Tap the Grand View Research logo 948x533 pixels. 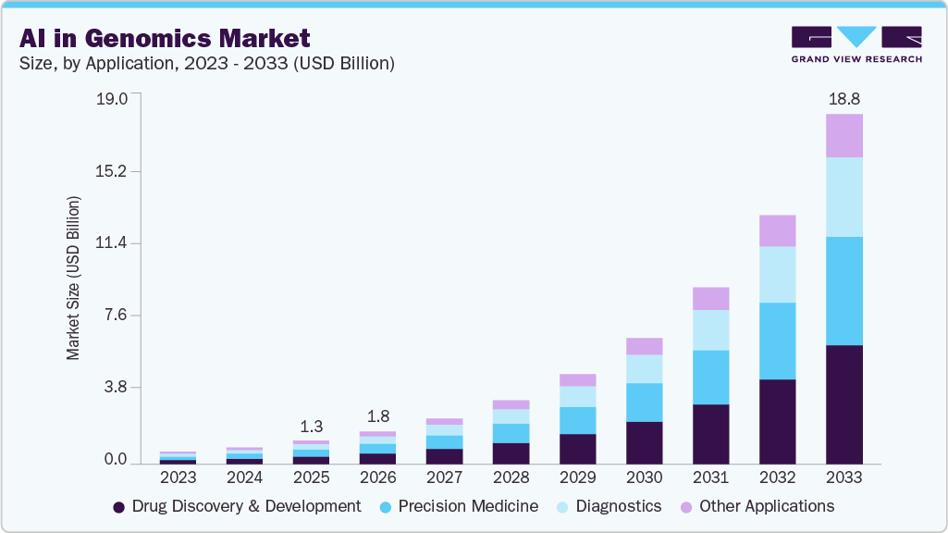[x=856, y=43]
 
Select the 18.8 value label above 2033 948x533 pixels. [x=843, y=98]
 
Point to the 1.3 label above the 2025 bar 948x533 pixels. [x=311, y=427]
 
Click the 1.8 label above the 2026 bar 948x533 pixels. [x=377, y=416]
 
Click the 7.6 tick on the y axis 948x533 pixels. [x=117, y=316]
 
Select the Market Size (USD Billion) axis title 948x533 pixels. [x=73, y=278]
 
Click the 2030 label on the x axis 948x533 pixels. [x=644, y=477]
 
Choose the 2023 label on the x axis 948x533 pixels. [x=178, y=477]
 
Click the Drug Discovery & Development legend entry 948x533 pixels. [x=237, y=506]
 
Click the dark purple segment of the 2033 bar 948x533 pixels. [x=843, y=403]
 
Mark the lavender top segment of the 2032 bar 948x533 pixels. [x=777, y=230]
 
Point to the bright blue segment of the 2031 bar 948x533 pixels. [x=710, y=377]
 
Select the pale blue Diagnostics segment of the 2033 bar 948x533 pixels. [x=843, y=196]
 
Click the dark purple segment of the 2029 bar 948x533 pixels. [x=577, y=448]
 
